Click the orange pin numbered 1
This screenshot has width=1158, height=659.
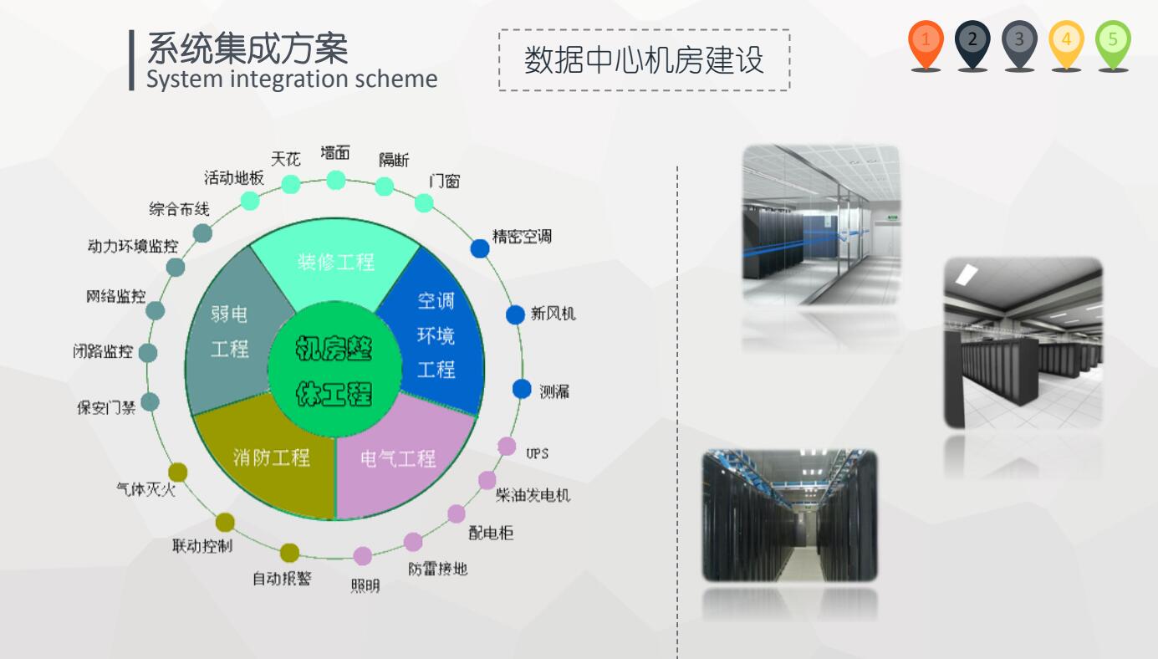pos(926,45)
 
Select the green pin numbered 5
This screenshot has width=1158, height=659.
pos(1113,45)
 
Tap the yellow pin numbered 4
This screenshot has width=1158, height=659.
pos(1067,45)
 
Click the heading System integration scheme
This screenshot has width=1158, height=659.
pos(292,79)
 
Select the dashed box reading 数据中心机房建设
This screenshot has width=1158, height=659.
pos(644,60)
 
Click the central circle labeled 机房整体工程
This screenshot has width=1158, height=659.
pos(334,370)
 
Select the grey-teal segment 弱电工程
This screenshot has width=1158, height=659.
pos(229,331)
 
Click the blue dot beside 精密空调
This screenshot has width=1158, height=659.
pos(480,248)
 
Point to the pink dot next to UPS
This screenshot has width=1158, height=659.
pos(507,446)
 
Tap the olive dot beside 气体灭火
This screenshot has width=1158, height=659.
pos(178,473)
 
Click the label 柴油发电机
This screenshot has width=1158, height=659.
pos(533,495)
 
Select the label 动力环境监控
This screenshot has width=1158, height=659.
pos(133,246)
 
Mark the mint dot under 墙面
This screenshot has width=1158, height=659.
pos(336,181)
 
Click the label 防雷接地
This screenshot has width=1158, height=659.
pos(438,569)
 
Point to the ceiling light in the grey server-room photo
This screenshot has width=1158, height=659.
pos(967,274)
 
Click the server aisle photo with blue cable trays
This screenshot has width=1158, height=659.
pos(790,515)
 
